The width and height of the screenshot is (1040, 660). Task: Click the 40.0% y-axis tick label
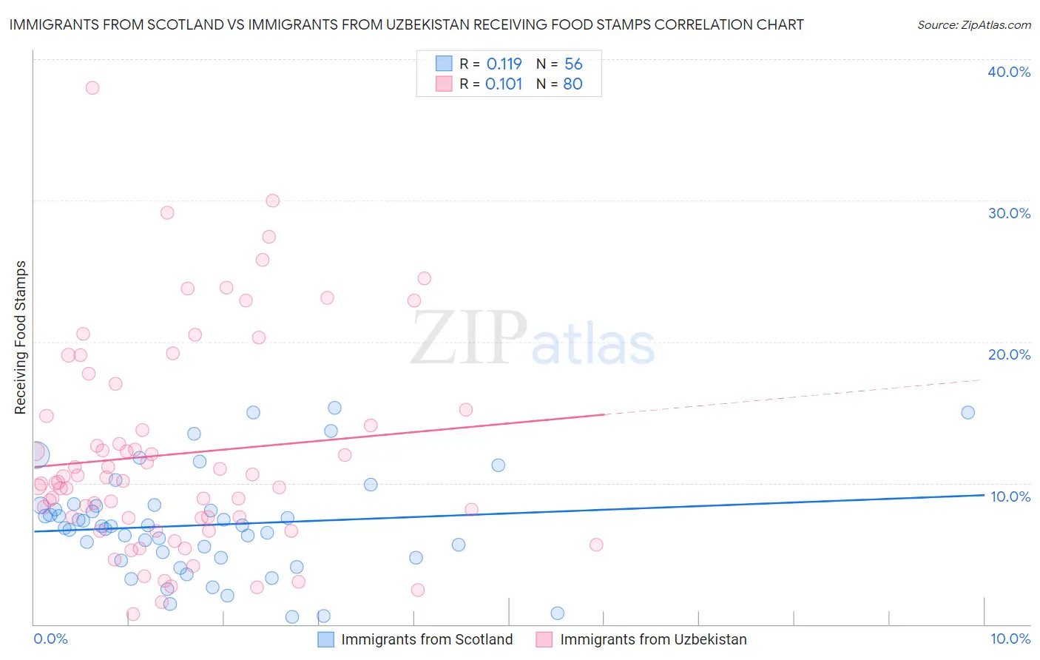click(1009, 72)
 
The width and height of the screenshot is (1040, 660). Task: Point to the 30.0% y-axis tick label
click(1009, 213)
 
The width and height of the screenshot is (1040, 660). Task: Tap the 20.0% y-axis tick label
click(1009, 354)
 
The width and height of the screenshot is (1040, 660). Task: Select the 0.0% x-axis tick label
click(50, 639)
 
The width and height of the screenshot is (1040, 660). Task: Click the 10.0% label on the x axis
click(1010, 639)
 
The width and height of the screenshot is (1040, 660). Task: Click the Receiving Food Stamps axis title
click(21, 337)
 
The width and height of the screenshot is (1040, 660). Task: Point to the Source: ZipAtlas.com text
click(973, 24)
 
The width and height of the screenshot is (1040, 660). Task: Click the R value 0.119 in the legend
click(504, 64)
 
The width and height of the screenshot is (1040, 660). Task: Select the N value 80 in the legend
click(573, 84)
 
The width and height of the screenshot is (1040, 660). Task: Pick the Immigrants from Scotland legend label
click(427, 639)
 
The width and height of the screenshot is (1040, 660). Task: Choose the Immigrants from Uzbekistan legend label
click(653, 639)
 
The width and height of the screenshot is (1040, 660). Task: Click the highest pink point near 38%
click(92, 87)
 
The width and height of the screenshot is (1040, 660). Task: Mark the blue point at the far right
click(968, 412)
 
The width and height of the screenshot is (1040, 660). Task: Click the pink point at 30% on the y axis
click(272, 201)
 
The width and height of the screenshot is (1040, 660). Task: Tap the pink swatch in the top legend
click(444, 84)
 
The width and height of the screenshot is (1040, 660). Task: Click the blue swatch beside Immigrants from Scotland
click(325, 639)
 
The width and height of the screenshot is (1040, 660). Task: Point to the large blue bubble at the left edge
click(36, 454)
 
